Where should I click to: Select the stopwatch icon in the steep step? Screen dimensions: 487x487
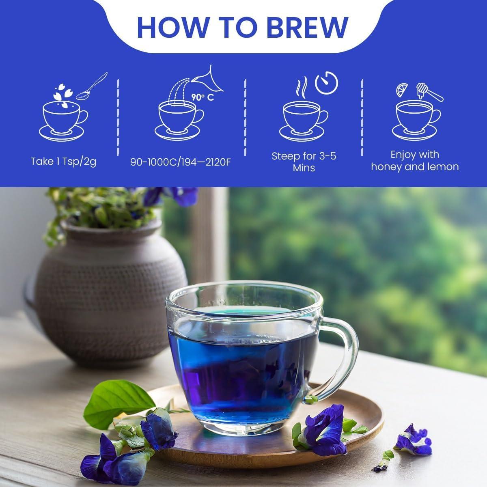click(x=327, y=84)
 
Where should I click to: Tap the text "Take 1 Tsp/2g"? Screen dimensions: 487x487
click(x=63, y=162)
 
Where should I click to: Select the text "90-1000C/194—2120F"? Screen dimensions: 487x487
click(x=181, y=162)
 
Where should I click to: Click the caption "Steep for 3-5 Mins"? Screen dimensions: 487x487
click(x=304, y=162)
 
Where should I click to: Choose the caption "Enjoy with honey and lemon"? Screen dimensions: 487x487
click(x=414, y=161)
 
